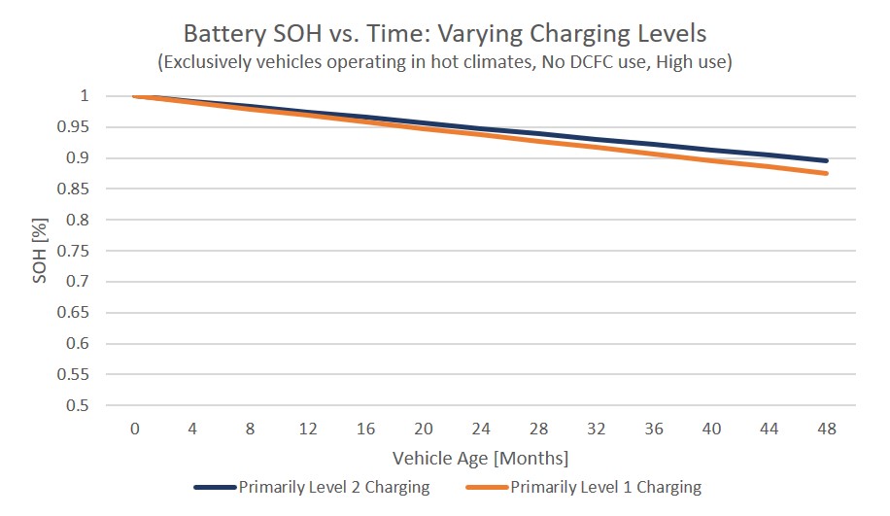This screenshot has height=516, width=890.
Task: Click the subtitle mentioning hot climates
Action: (x=445, y=62)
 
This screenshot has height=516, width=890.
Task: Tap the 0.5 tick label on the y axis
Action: (x=78, y=405)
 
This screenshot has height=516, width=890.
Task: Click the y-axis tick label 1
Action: (x=85, y=96)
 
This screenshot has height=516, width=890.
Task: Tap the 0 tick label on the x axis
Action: (x=135, y=430)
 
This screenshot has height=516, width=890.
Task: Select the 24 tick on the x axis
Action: (x=481, y=430)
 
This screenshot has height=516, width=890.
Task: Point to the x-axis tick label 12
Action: (x=308, y=430)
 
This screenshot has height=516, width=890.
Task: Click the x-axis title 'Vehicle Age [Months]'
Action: (x=480, y=457)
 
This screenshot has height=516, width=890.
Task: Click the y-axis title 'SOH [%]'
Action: (x=40, y=251)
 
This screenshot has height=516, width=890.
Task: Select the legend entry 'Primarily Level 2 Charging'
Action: (x=333, y=487)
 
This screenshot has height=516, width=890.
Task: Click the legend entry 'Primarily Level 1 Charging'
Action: (x=604, y=487)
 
